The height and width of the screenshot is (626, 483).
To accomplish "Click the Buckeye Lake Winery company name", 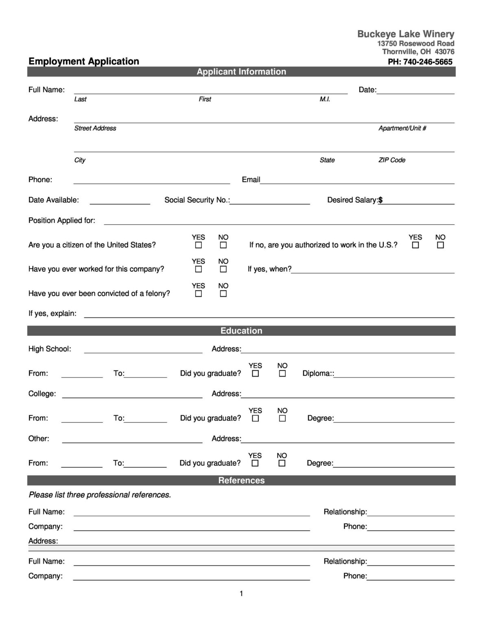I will [x=405, y=34].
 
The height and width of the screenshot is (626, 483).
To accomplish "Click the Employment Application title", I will [x=84, y=62].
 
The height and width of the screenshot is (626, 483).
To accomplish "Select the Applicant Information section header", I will [x=241, y=72].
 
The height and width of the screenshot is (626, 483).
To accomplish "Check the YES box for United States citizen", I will [x=199, y=245].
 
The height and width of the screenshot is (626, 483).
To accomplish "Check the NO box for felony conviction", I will [x=223, y=294].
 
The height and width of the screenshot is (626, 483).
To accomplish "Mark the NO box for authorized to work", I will [x=440, y=245].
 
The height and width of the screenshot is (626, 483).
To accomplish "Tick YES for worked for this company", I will [x=199, y=269].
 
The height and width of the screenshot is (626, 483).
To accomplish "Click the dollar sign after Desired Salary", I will [x=380, y=200].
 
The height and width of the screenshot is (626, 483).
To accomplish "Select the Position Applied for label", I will [x=62, y=220].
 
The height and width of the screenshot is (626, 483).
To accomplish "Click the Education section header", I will [x=241, y=331].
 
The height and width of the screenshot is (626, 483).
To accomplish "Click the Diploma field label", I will [x=318, y=373].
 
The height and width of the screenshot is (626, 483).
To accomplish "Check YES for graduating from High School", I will [x=256, y=374].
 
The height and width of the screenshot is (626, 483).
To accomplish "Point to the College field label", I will [x=42, y=394].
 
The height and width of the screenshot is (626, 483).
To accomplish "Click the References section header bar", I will [x=241, y=481].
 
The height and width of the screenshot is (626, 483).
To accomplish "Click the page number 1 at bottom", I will [x=241, y=594].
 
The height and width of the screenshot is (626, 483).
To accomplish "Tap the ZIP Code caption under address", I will [x=391, y=160].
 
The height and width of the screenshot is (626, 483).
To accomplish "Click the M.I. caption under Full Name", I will [x=325, y=99].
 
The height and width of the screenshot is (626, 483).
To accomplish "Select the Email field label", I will [x=251, y=180].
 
